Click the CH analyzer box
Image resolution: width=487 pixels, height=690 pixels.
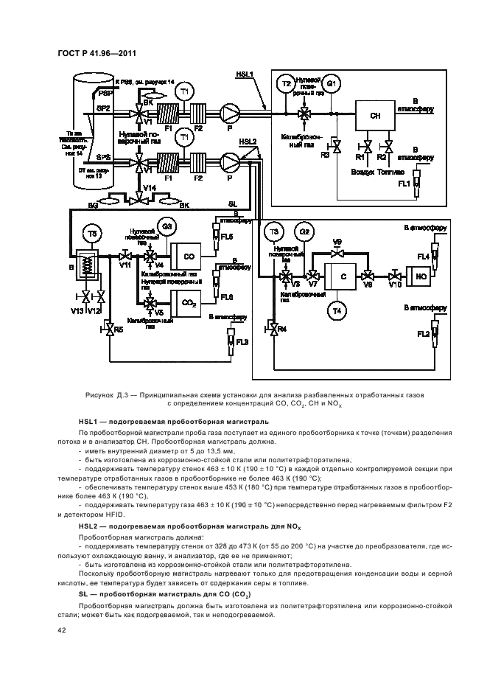[x=375, y=116]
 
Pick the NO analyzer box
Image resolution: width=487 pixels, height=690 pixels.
[x=421, y=276]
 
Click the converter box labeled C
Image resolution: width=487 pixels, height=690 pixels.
[x=343, y=276]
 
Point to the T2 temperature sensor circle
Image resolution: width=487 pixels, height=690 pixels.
[x=285, y=84]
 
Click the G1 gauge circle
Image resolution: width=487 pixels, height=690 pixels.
[x=332, y=84]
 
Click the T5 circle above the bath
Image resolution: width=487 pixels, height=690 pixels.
[x=92, y=233]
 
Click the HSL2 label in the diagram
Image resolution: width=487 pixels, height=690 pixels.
[x=248, y=142]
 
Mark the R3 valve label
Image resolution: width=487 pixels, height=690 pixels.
[x=325, y=154]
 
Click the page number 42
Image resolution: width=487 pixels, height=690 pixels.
[x=62, y=630]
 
